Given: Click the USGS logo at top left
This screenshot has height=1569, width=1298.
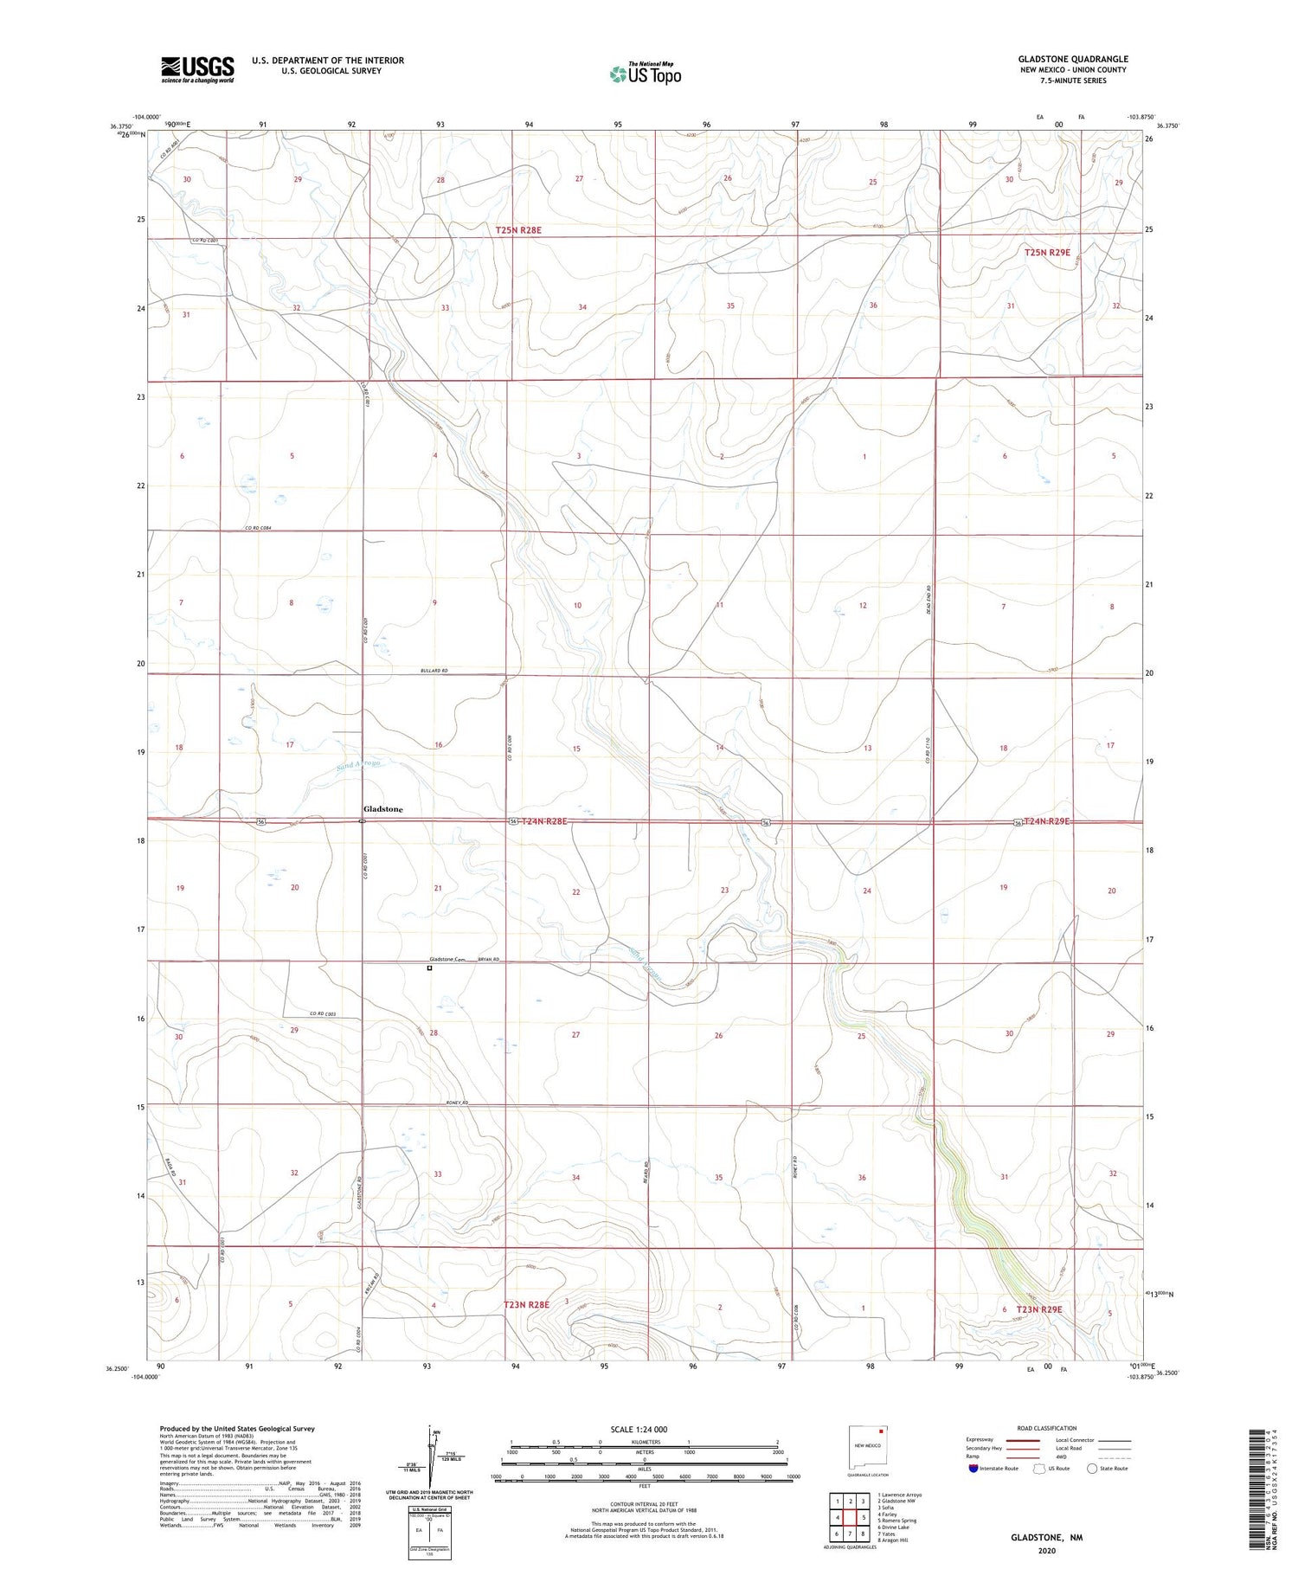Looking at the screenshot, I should click(x=197, y=69).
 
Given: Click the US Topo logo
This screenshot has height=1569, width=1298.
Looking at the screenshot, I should click(x=645, y=74).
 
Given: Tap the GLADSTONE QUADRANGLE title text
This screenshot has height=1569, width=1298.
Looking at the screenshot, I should click(x=1072, y=59).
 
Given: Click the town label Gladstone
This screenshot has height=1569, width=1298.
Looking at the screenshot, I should click(x=382, y=809).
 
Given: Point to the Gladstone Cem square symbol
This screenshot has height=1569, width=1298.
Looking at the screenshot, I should click(x=429, y=968).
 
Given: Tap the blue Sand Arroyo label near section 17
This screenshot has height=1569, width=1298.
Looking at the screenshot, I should click(x=357, y=764).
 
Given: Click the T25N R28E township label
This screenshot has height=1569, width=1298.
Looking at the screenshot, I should click(x=518, y=230).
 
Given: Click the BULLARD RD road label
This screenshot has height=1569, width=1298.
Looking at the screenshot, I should click(x=434, y=671).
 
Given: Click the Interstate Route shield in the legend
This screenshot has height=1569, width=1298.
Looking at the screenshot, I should click(x=973, y=1469).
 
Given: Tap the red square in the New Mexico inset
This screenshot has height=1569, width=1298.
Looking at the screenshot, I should click(x=882, y=1431).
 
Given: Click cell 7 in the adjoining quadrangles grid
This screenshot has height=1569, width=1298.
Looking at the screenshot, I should click(x=851, y=1534).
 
